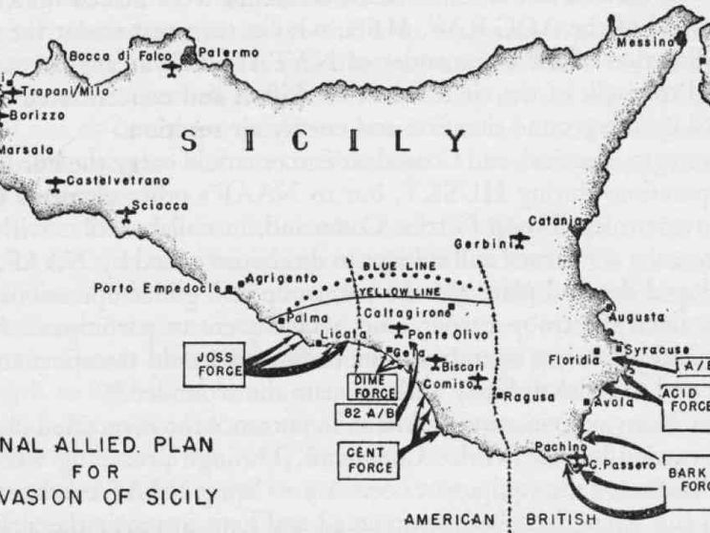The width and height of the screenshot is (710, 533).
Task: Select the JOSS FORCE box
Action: pos(214,363)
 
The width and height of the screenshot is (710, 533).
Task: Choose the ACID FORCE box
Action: pos(684,398)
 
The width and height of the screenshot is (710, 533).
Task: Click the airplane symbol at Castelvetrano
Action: pos(58,181)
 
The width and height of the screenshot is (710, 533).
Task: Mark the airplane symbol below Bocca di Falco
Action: pos(171,69)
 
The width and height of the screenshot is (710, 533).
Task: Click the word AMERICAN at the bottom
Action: pos(453,519)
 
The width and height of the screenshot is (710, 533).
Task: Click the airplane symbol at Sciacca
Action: pos(124,213)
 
